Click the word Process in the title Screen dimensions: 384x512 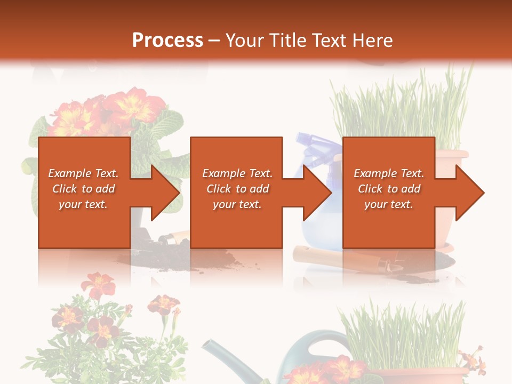pos(167,41)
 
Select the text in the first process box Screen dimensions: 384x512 pos(83,189)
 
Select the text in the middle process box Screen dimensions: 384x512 pos(237,189)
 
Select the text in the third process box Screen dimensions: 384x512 pos(389,189)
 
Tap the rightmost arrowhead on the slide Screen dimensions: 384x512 pos(469,193)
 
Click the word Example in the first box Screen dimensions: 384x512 pos(70,173)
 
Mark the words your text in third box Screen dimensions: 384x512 pos(389,204)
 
